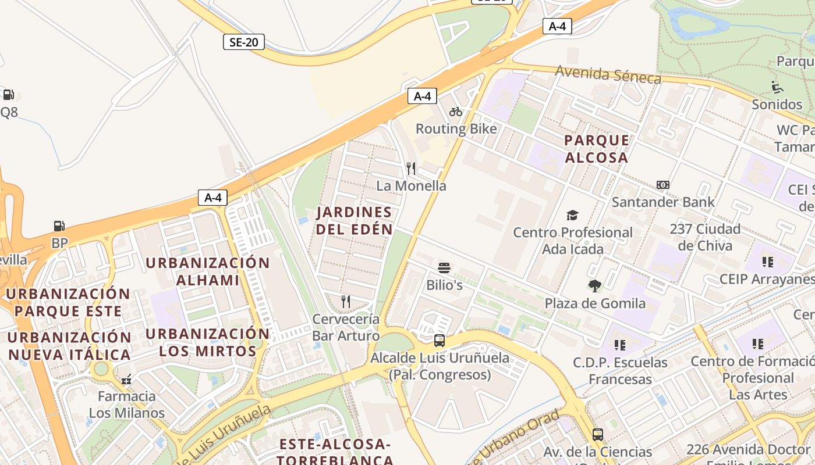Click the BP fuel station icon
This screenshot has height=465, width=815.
59,226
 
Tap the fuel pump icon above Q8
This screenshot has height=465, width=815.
8,94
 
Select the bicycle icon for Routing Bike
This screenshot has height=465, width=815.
456,112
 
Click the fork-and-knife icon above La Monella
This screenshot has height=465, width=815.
411,169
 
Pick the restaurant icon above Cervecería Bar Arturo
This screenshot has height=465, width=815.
346,301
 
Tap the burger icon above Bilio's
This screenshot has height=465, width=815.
444,268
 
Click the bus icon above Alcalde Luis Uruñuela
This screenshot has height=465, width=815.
440,341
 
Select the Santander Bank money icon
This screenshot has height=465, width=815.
662,185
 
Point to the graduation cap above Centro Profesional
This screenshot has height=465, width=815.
572,216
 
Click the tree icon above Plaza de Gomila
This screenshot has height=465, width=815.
594,286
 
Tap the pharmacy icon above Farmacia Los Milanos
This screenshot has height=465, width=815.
126,380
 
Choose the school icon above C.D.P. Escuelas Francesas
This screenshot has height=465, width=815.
620,345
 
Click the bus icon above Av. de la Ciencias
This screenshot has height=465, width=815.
598,434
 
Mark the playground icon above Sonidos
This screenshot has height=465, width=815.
777,87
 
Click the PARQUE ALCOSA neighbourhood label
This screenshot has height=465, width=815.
597,149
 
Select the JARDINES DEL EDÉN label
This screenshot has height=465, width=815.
355,220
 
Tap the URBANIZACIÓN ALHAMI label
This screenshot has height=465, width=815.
208,271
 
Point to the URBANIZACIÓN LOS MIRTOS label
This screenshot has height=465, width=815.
208,342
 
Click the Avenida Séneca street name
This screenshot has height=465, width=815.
608,74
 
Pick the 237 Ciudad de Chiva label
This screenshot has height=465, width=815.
705,237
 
